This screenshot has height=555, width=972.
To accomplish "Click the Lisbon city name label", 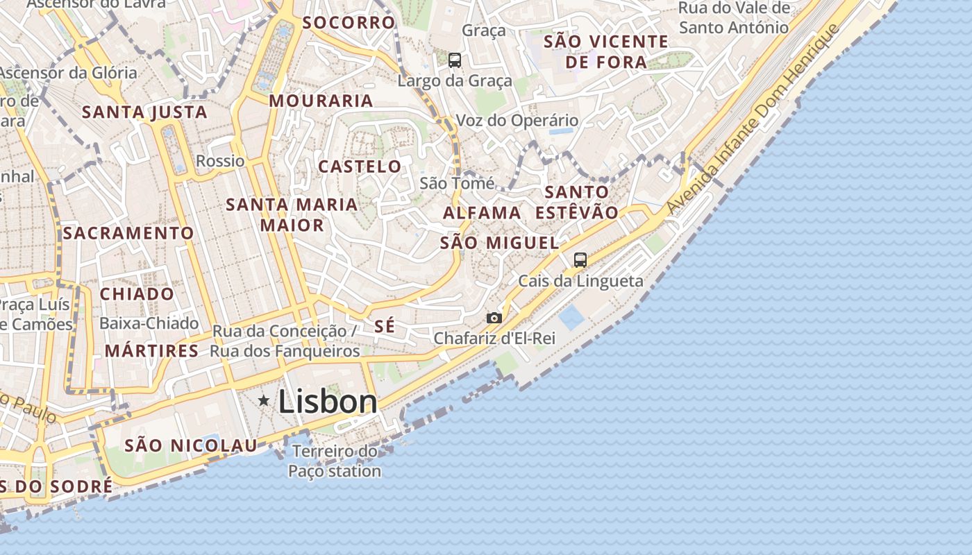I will point(328,402).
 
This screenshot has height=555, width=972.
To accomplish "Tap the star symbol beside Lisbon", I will point(264,400).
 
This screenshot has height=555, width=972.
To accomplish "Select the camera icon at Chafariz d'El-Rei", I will point(494,318).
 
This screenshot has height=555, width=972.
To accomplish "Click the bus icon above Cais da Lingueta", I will point(580,260).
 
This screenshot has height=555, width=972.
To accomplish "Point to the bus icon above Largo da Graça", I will point(455,60).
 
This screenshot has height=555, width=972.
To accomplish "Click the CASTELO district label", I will point(360,166).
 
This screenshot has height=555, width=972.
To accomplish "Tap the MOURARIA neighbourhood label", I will point(321,101).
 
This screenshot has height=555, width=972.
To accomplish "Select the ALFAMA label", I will point(482,213).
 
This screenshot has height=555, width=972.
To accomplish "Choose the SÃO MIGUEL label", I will point(499,243).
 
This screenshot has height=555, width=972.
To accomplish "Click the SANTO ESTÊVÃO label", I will point(576,202).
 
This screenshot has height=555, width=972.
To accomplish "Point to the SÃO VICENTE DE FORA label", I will point(605,52).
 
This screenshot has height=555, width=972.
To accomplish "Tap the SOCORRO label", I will point(349,22).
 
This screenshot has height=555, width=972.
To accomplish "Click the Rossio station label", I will point(220,161).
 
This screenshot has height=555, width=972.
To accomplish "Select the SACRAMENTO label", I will point(128,233).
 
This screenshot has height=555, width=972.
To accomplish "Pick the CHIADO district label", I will point(137,294).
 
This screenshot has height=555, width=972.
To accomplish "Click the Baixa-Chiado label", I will point(149,323).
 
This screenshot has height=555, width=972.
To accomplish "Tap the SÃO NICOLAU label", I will point(190,445).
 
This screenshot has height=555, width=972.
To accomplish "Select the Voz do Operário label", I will point(517,120).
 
